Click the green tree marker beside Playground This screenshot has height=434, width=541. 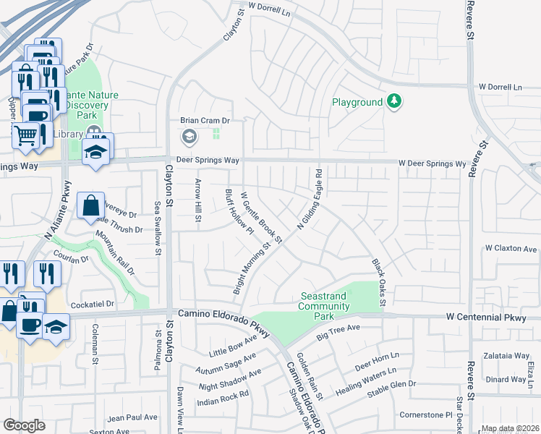pyautogui.click(x=394, y=102)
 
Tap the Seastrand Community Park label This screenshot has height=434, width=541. pyautogui.click(x=323, y=306)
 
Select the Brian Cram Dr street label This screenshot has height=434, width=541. pyautogui.click(x=205, y=121)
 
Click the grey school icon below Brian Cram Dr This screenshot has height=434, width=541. pyautogui.click(x=189, y=136)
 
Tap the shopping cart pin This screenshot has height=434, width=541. pyautogui.click(x=26, y=134)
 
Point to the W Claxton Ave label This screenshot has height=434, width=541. pyautogui.click(x=511, y=248)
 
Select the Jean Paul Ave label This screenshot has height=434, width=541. pyautogui.click(x=132, y=417)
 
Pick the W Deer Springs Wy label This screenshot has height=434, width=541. pyautogui.click(x=433, y=164)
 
